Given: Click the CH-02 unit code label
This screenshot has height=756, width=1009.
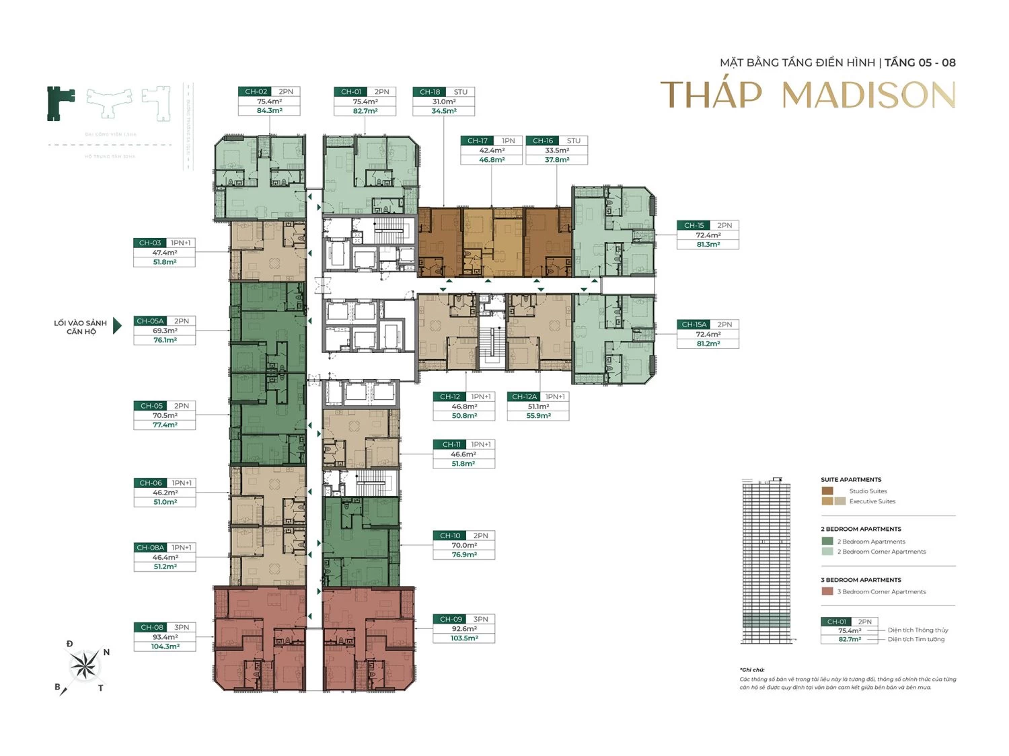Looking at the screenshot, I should (x=256, y=92).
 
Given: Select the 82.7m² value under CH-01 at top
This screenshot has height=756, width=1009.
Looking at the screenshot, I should (x=365, y=111).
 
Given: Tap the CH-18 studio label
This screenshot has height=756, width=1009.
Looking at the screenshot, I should (x=430, y=92).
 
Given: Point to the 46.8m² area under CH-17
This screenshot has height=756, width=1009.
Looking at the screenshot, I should (x=492, y=160).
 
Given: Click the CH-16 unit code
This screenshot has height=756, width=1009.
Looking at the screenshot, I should (x=543, y=141).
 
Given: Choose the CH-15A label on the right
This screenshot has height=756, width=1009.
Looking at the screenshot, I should (x=694, y=325).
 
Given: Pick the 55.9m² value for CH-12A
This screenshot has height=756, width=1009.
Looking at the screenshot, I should (x=538, y=416).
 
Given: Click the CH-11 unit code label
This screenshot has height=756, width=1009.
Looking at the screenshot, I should (x=451, y=445).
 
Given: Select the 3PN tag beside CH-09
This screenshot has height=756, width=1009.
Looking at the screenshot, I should (x=480, y=620).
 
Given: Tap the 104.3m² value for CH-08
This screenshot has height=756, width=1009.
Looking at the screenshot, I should (x=165, y=646).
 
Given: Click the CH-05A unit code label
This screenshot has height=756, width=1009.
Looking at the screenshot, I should (x=150, y=321).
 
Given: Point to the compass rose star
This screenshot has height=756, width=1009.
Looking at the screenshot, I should (x=85, y=666).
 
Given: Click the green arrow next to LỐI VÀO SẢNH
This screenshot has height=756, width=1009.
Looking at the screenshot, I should (x=117, y=326).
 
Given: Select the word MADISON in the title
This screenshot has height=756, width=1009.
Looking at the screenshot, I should (x=868, y=95).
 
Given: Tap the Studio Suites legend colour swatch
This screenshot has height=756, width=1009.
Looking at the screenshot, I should (x=827, y=491).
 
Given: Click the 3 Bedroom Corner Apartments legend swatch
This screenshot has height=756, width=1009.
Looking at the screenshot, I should (x=827, y=591).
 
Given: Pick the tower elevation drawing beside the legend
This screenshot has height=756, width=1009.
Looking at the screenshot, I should (x=766, y=561).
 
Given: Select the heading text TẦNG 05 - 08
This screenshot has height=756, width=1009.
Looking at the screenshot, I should (x=920, y=62).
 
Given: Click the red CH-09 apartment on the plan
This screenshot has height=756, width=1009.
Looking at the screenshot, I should (x=367, y=638).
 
